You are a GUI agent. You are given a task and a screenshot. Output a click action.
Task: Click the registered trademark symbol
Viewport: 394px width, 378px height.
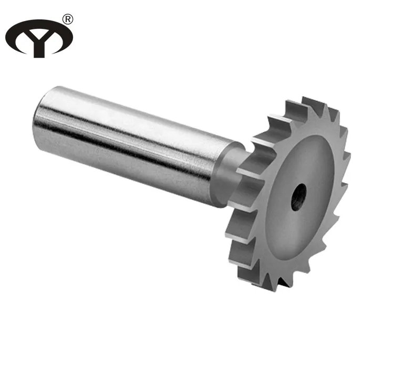tap(67, 18)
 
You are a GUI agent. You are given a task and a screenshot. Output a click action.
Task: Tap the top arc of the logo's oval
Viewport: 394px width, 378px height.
tap(39, 22)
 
